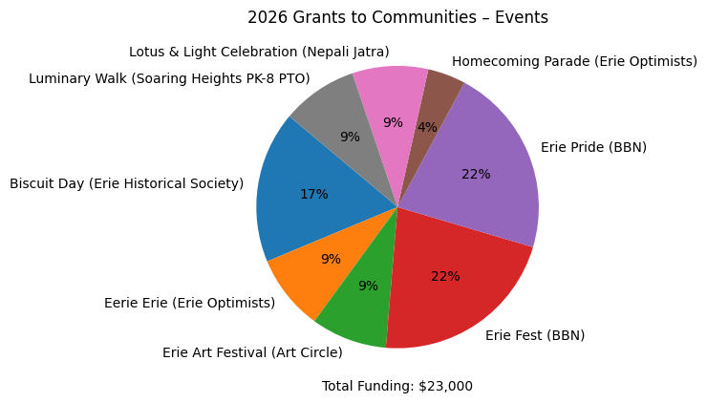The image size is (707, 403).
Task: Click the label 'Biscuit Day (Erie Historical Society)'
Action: (126, 183)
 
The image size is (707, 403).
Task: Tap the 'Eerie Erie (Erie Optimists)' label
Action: (189, 303)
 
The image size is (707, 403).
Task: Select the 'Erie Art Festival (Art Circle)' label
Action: (252, 352)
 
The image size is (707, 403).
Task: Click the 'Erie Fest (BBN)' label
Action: (535, 335)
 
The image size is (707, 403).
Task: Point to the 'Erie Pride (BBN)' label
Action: (593, 147)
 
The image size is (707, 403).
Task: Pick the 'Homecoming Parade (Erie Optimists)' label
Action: (574, 61)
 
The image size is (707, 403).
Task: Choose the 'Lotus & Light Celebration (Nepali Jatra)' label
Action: (259, 52)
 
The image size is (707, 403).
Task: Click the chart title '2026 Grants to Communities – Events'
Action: (397, 17)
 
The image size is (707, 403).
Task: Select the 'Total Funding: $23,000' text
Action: (397, 386)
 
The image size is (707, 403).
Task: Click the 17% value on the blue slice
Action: (313, 194)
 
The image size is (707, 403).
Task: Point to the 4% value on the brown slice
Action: (427, 127)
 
